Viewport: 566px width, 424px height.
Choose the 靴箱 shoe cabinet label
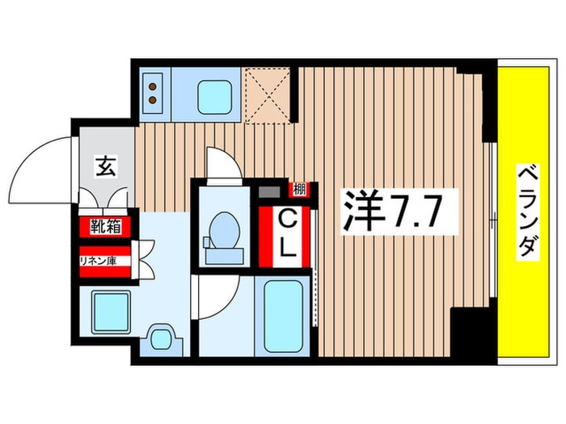105,227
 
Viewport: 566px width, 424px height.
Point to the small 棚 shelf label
300,191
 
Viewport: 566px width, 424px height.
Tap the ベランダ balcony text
526,211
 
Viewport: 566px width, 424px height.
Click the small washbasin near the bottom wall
162,338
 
